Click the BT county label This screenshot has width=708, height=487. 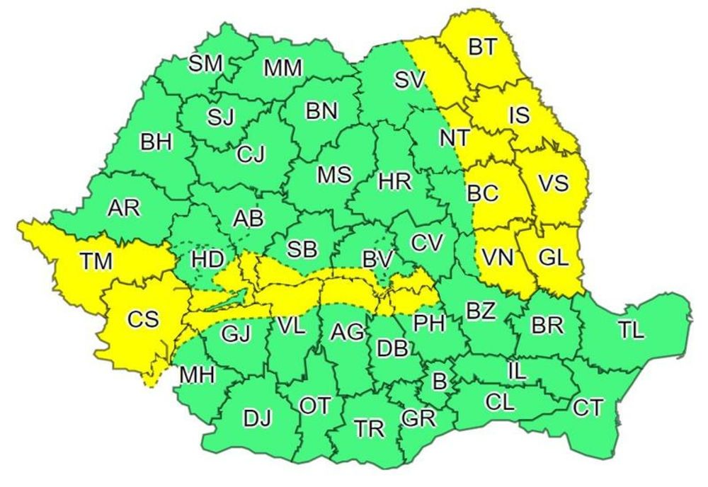[x=483, y=47]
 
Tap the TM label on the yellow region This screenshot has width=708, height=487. [x=96, y=261]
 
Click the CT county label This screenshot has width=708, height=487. [x=588, y=408]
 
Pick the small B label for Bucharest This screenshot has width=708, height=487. [x=440, y=383]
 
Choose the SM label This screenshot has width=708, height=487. [x=205, y=64]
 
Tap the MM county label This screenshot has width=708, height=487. [x=282, y=69]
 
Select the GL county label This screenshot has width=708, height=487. [x=553, y=258]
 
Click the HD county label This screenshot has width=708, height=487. [x=208, y=259]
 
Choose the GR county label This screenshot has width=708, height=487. [x=418, y=418]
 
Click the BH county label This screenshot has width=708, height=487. [x=156, y=142]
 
